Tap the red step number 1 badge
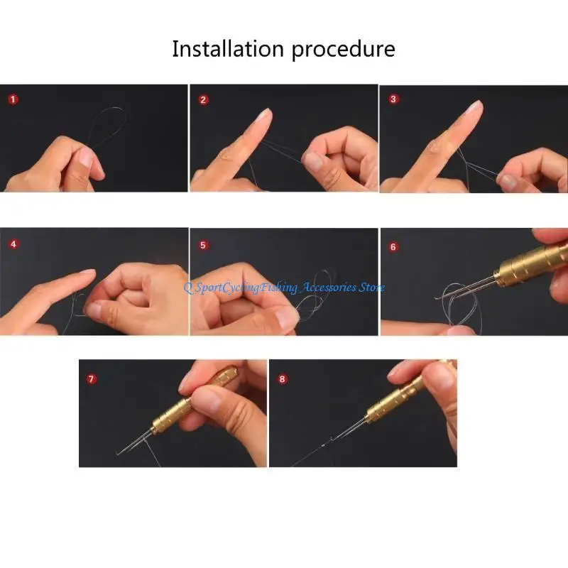coord(13,99)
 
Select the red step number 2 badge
coord(203,99)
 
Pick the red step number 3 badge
coord(393,99)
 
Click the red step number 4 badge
coord(13,244)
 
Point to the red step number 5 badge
coord(203,244)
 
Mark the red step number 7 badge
coord(91,378)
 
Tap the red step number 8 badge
coord(282,378)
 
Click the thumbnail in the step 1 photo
coord(85,158)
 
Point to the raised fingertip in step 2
coord(264,114)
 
